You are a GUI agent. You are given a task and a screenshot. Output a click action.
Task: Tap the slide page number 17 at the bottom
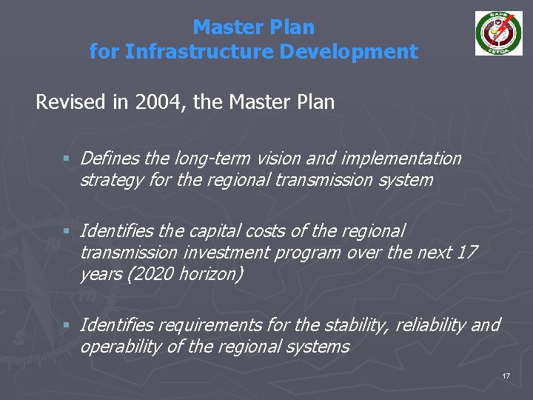coord(506,376)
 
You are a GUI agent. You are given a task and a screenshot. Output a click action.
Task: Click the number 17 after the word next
coord(467,253)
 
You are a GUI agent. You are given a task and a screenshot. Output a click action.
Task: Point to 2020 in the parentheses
coord(152,274)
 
